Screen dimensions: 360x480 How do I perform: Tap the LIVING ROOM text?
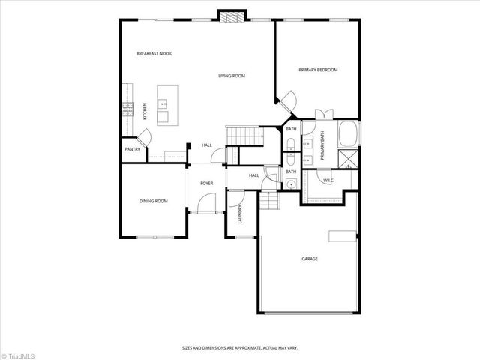tap(232, 76)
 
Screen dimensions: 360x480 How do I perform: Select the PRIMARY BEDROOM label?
tap(318, 70)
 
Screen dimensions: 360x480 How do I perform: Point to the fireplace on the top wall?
tap(231, 16)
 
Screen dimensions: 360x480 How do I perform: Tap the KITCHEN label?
tap(145, 111)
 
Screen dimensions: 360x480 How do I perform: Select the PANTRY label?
tap(132, 149)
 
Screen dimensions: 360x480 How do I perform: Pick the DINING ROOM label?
tap(153, 201)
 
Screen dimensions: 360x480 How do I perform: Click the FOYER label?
tap(207, 183)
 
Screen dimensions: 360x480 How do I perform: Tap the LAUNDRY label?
tap(240, 216)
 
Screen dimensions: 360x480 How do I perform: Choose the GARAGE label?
tap(310, 259)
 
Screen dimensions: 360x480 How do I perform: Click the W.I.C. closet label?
tap(328, 181)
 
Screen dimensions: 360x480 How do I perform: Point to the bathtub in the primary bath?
tap(348, 134)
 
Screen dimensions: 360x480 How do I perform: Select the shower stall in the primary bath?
tap(349, 159)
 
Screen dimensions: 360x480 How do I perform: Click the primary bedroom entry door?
tap(286, 100)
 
